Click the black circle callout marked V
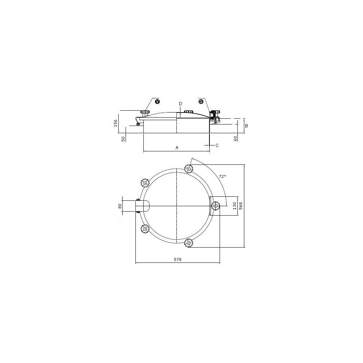coord(158,101)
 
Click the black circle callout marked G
coord(201,101)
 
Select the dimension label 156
coord(116,123)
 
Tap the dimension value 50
coord(123,139)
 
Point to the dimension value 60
coord(236,139)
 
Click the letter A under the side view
coord(177,148)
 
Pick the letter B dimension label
coord(246,126)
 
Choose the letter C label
coord(217,146)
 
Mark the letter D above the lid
coord(180,104)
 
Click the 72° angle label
coord(222,176)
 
